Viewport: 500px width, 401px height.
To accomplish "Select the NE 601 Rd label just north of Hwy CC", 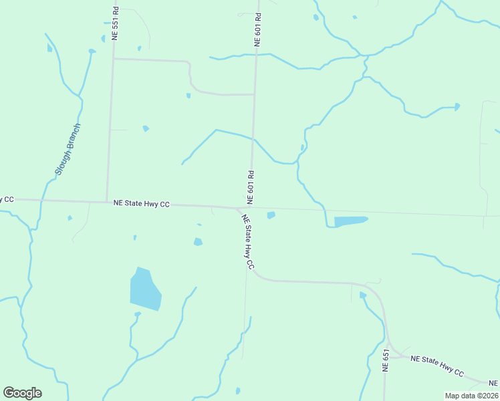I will click(250, 187).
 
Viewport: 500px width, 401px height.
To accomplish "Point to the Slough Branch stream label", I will click(68, 149).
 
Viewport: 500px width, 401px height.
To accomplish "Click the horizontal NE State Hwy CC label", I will click(141, 203).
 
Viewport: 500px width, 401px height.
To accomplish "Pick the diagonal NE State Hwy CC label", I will click(248, 241).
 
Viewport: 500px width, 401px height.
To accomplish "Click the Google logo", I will click(22, 392).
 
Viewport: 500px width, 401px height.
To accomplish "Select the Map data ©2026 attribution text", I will click(471, 396).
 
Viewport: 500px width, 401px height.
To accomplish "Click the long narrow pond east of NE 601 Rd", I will click(350, 221).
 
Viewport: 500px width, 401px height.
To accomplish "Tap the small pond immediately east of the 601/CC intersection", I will click(271, 215).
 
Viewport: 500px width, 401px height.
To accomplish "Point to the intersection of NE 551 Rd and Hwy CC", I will click(107, 202).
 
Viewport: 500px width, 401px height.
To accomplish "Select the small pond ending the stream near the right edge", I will click(457, 106).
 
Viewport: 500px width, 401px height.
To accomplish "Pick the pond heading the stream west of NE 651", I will click(362, 295).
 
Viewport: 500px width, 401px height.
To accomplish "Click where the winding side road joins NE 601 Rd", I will click(254, 94).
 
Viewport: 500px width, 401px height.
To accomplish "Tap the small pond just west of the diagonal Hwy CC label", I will click(198, 242).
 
